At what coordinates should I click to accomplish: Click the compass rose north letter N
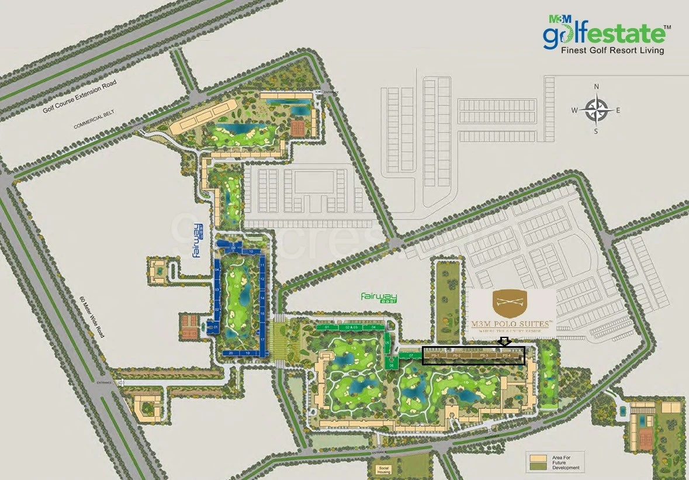[597, 87]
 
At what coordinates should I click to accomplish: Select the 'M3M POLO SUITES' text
[513, 323]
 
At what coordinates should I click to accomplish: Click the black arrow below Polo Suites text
[504, 341]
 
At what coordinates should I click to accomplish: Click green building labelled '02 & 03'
[351, 327]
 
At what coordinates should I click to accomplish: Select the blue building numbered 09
[233, 248]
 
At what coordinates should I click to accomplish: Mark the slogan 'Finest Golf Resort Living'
[612, 51]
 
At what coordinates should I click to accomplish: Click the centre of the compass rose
[597, 109]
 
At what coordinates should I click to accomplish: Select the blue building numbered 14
[263, 298]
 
